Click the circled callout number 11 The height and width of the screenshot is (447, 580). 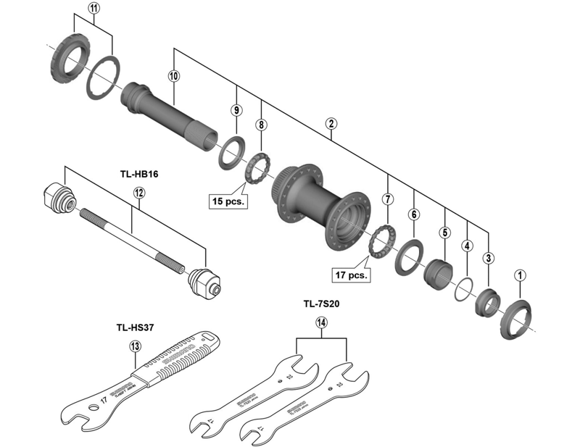[x=94, y=9]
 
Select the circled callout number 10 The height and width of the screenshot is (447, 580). [x=173, y=75]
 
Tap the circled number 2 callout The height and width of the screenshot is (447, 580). [x=331, y=124]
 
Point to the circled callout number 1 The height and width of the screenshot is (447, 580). [x=519, y=275]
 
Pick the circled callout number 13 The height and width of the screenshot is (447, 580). [x=134, y=346]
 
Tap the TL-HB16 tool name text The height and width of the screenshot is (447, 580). [x=140, y=174]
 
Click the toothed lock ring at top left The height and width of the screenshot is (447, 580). [x=70, y=62]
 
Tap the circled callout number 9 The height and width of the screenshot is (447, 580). [x=236, y=110]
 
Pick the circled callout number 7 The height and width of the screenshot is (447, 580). [x=388, y=199]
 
